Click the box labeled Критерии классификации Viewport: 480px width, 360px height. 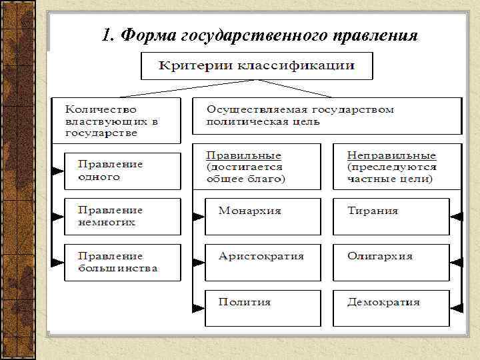pyautogui.click(x=256, y=67)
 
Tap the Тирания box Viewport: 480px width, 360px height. pyautogui.click(x=391, y=216)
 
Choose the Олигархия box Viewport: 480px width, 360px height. pyautogui.click(x=391, y=261)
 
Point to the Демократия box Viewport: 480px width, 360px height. pyautogui.click(x=391, y=307)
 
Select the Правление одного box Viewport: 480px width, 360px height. pyautogui.click(x=123, y=171)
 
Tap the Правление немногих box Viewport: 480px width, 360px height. pyautogui.click(x=123, y=216)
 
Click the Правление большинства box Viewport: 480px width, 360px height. pyautogui.click(x=123, y=262)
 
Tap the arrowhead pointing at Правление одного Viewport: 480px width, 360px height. pyautogui.click(x=58, y=171)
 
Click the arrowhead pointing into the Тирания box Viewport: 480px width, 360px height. pyautogui.click(x=456, y=216)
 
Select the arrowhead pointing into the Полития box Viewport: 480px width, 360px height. pyautogui.click(x=198, y=307)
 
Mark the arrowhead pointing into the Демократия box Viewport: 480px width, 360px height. pyautogui.click(x=456, y=307)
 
